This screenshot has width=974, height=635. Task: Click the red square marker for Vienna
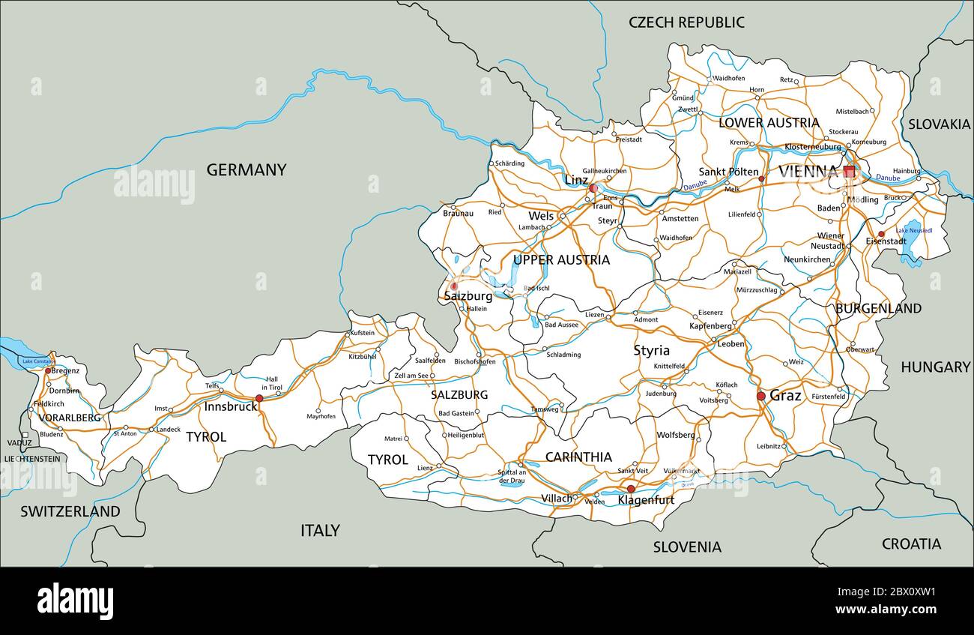pyautogui.click(x=849, y=172)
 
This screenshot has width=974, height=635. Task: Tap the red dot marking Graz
pyautogui.click(x=760, y=396)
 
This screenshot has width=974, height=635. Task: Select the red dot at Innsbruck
pyautogui.click(x=259, y=399)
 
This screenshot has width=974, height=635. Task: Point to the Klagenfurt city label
pyautogui.click(x=646, y=499)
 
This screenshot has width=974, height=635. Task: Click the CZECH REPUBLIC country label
pyautogui.click(x=686, y=22)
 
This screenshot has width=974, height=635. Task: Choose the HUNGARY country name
pyautogui.click(x=935, y=367)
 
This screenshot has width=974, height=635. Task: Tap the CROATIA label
pyautogui.click(x=911, y=544)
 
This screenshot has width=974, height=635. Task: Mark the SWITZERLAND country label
pyautogui.click(x=70, y=512)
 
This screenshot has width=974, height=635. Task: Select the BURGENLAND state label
pyautogui.click(x=878, y=308)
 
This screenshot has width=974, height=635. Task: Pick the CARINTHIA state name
pyautogui.click(x=578, y=457)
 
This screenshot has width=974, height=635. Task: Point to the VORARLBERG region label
pyautogui.click(x=69, y=418)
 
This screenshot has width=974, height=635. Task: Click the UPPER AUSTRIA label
pyautogui.click(x=561, y=260)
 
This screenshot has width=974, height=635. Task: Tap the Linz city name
pyautogui.click(x=575, y=180)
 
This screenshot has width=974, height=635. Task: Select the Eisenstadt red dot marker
pyautogui.click(x=881, y=234)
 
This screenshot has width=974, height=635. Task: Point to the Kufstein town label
pyautogui.click(x=362, y=333)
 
